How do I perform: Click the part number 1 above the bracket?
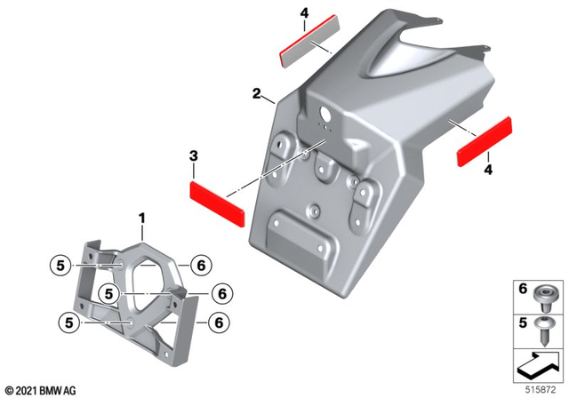[142, 217]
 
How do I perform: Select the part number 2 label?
[256, 93]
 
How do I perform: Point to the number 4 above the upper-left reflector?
[304, 13]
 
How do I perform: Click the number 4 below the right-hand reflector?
[488, 169]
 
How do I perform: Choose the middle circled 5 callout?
[109, 291]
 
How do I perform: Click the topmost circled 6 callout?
[200, 264]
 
